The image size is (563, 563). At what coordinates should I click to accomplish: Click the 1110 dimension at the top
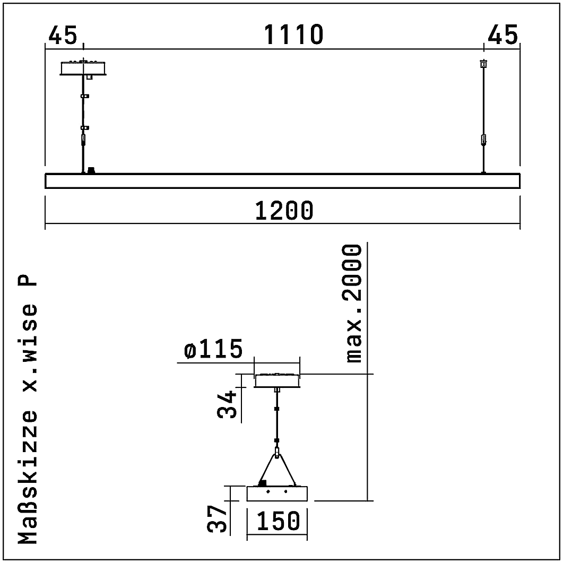coord(294,35)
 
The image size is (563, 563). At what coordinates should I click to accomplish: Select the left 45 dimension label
coord(63,35)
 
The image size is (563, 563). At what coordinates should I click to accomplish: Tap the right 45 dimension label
coord(503,35)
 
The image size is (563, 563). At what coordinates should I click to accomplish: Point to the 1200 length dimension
coord(284,211)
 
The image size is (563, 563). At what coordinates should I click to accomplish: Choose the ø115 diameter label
coord(213,349)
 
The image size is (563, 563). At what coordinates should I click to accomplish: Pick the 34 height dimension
coord(227,405)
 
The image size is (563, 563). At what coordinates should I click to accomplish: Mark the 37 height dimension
coord(217,518)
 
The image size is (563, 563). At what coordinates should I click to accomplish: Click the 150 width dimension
coord(278,522)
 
